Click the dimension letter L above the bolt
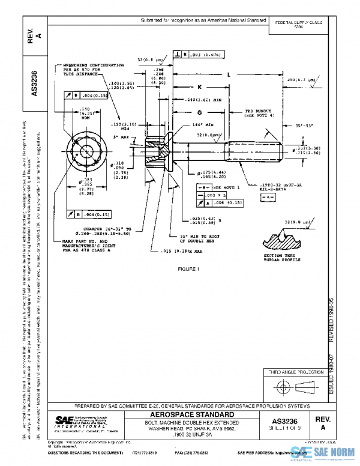(x=230, y=74)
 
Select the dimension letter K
(x=199, y=87)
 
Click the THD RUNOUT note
(x=259, y=114)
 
